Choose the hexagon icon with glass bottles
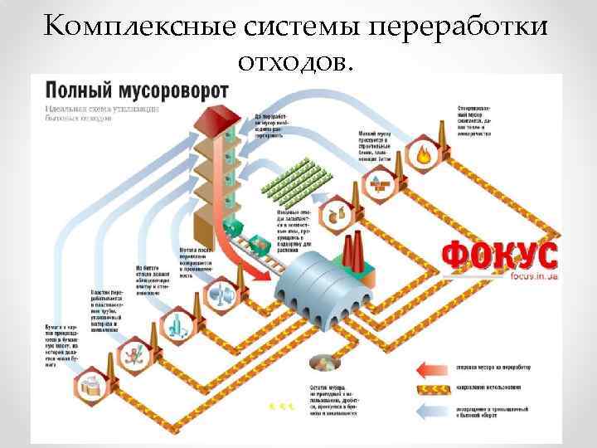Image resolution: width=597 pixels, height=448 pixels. [176, 323]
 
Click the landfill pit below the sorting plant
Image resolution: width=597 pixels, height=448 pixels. [319, 363]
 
